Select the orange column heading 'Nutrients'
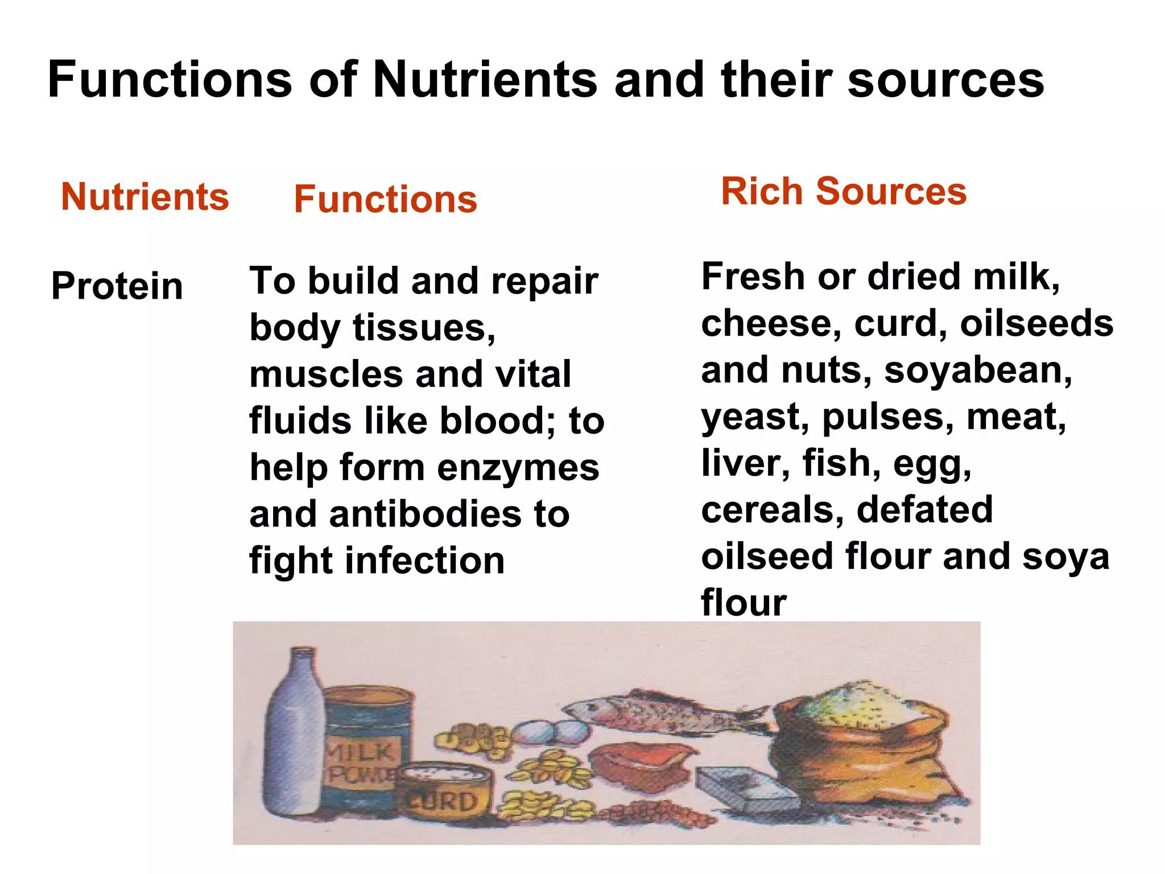tap(144, 197)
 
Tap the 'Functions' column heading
tap(385, 200)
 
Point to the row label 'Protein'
tap(117, 286)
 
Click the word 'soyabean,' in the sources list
tap(978, 371)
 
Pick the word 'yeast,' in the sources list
tap(755, 418)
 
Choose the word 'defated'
tap(924, 510)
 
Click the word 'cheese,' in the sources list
tap(771, 324)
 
